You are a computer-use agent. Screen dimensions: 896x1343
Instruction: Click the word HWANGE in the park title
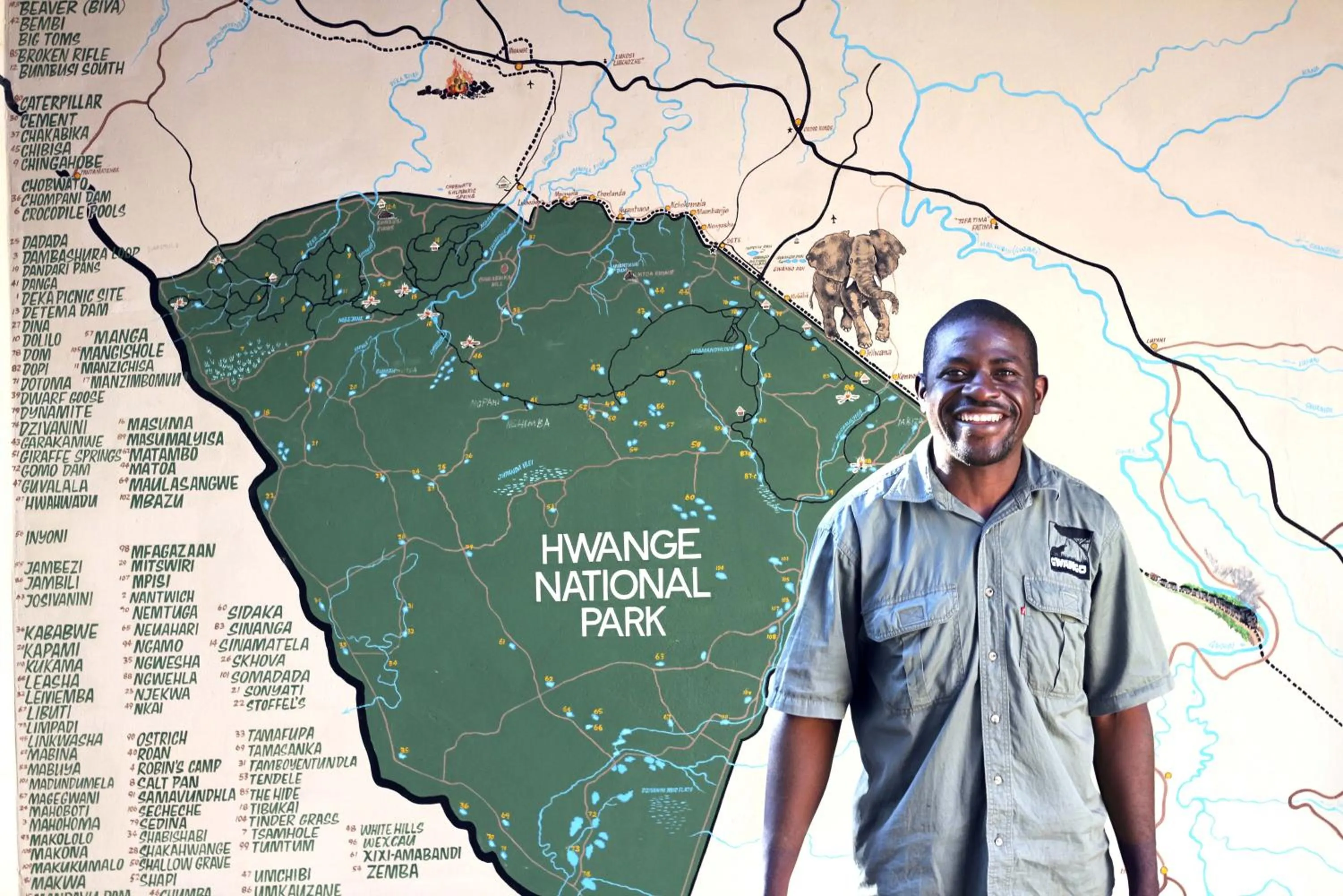[x=620, y=547]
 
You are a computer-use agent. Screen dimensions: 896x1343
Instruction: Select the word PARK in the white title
[x=623, y=622]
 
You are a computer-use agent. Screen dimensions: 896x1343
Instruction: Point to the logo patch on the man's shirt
[x=1069, y=550]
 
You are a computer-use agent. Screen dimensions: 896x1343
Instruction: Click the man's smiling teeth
[x=982, y=417]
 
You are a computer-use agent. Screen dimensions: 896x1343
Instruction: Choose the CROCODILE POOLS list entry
[x=73, y=212]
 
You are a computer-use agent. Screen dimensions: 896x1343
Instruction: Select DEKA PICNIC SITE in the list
[x=73, y=297]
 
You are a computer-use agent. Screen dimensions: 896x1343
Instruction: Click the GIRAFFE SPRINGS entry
[x=70, y=457]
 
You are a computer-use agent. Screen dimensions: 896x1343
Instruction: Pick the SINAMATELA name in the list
[x=263, y=645]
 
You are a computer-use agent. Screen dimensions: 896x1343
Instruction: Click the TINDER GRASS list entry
[x=295, y=820]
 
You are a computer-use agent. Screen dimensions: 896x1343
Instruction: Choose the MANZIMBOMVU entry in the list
[x=135, y=380]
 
